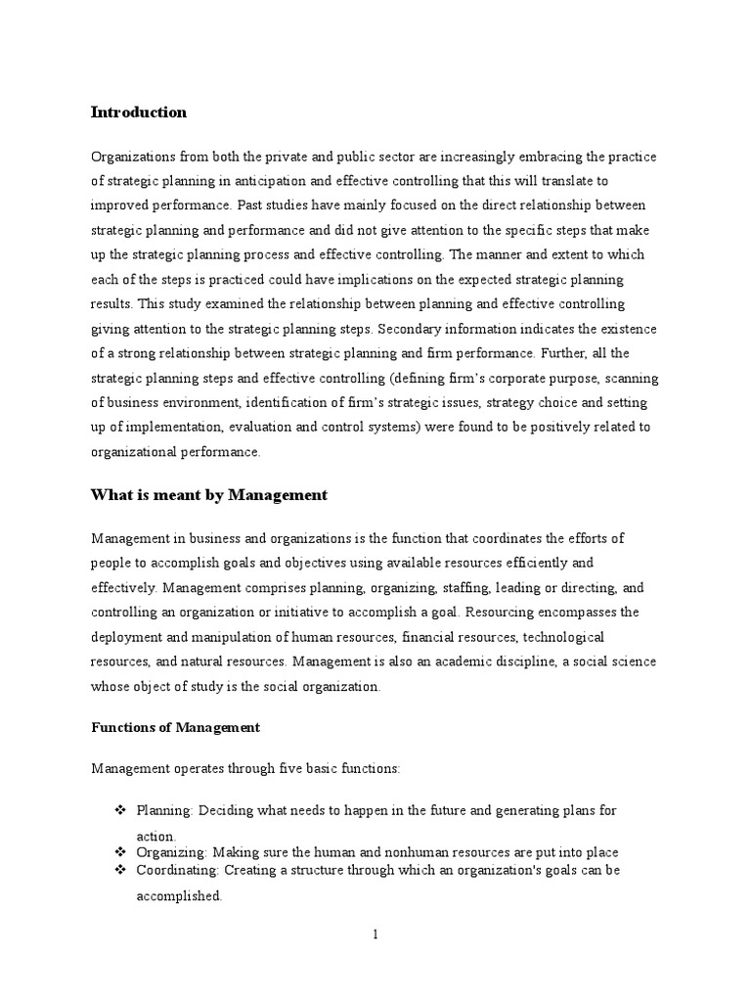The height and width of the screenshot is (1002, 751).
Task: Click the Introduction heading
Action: pyautogui.click(x=138, y=113)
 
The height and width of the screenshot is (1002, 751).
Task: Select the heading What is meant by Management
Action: pyautogui.click(x=208, y=495)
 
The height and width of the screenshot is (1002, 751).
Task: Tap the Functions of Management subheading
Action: pyautogui.click(x=175, y=727)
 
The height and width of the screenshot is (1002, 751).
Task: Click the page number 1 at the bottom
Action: pyautogui.click(x=375, y=934)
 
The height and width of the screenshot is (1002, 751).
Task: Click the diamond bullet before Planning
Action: pyautogui.click(x=121, y=811)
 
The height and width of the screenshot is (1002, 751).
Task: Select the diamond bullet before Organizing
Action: pyautogui.click(x=121, y=852)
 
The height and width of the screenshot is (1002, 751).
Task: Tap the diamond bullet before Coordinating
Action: pyautogui.click(x=121, y=870)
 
